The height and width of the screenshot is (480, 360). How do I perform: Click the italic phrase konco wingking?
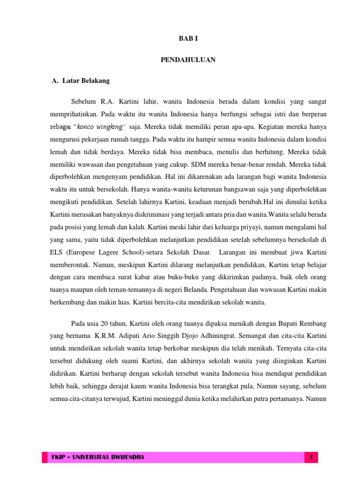click(101, 127)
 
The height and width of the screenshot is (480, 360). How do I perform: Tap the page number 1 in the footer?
click(311, 456)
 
